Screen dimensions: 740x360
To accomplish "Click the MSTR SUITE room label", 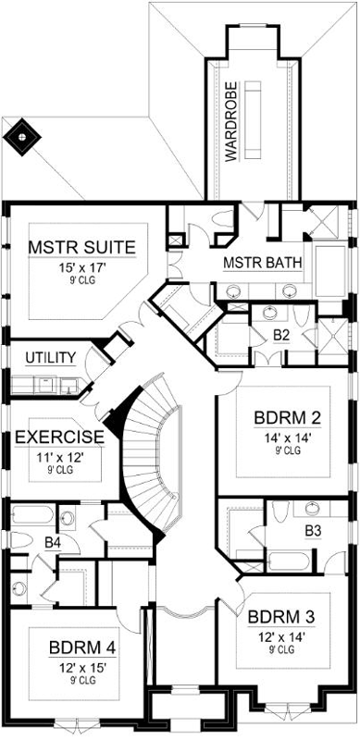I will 82,247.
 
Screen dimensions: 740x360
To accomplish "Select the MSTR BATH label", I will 264,263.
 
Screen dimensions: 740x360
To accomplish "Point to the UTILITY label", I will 49,355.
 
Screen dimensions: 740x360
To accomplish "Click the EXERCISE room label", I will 58,436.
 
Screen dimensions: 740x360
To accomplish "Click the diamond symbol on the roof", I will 21,137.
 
